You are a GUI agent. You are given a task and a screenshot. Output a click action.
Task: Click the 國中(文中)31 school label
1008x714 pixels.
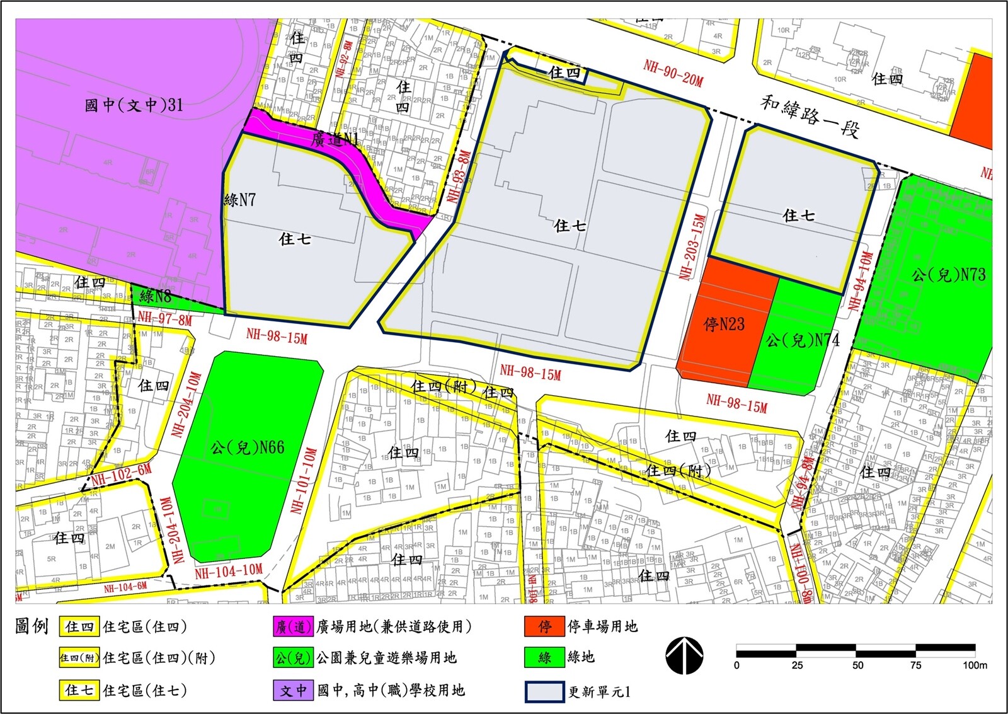pyautogui.click(x=134, y=105)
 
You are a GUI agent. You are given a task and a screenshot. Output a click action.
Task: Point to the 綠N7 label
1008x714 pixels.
pyautogui.click(x=240, y=200)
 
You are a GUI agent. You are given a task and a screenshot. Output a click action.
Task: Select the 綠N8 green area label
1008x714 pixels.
pyautogui.click(x=156, y=296)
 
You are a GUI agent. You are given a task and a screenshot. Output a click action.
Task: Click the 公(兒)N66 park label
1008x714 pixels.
pyautogui.click(x=247, y=447)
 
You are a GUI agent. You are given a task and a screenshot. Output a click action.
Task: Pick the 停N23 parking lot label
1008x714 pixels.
pyautogui.click(x=724, y=325)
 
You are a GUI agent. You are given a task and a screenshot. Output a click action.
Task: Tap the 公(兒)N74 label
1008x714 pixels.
pyautogui.click(x=803, y=340)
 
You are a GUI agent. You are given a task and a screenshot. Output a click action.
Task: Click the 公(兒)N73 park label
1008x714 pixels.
pyautogui.click(x=949, y=275)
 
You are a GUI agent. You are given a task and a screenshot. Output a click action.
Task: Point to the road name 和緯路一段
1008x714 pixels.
pyautogui.click(x=810, y=116)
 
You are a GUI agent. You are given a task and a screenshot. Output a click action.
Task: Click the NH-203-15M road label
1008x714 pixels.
pyautogui.click(x=693, y=246)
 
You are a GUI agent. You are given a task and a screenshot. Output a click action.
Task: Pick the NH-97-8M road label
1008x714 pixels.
pyautogui.click(x=164, y=319)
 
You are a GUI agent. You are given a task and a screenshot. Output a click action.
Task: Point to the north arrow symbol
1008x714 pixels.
pyautogui.click(x=684, y=655)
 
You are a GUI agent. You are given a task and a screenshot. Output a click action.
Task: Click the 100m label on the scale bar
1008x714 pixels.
pyautogui.click(x=975, y=665)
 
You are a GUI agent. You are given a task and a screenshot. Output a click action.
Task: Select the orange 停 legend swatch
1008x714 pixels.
pyautogui.click(x=544, y=626)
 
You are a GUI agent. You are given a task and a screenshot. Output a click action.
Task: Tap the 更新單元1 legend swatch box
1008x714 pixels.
pyautogui.click(x=544, y=691)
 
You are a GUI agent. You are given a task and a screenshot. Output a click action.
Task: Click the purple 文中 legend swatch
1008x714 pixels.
pyautogui.click(x=293, y=690)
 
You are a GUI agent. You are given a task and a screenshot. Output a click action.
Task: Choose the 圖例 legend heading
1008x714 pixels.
pyautogui.click(x=31, y=626)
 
